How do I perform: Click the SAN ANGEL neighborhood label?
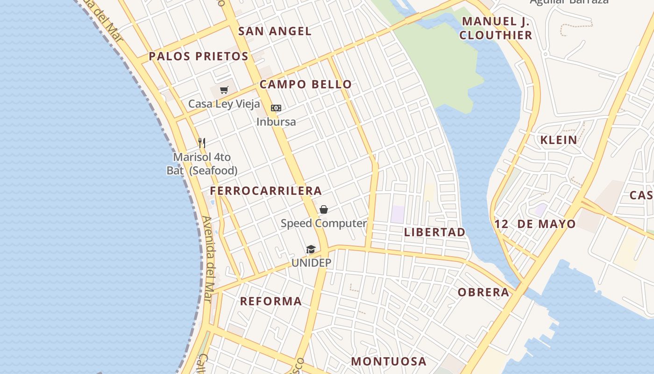[275, 31]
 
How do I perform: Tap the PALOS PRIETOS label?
[199, 57]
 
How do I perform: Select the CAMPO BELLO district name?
[306, 85]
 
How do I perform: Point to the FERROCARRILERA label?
[266, 191]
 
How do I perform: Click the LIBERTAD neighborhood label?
[435, 232]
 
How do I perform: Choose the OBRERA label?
[483, 293]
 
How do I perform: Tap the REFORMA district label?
[271, 302]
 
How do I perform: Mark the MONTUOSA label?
[389, 361]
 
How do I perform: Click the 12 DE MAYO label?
[535, 224]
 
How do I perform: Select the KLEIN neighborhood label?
[559, 140]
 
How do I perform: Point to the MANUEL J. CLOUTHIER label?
[496, 28]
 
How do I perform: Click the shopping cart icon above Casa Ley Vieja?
[224, 90]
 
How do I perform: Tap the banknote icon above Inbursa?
[276, 108]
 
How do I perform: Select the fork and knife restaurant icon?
[202, 143]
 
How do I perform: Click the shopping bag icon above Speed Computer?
[324, 209]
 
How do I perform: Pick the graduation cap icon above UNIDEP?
[311, 249]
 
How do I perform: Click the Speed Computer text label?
[324, 223]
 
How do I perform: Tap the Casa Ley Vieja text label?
[224, 104]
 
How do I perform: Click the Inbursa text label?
[276, 122]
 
